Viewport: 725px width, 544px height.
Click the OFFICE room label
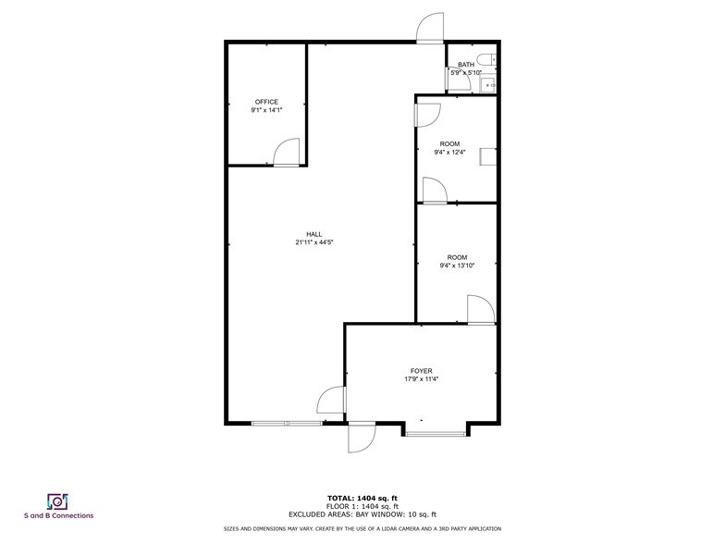pos(266,102)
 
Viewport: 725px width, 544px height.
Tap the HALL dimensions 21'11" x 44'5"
pos(314,243)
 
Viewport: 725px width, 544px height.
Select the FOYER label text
pos(421,370)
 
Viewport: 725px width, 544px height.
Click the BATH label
pos(465,65)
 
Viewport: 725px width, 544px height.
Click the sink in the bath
pos(491,84)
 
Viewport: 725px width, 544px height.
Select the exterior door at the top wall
pos(429,30)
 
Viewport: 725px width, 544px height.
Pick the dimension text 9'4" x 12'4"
pos(450,153)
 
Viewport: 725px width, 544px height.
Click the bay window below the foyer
pos(434,431)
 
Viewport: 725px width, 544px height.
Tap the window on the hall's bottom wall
pos(287,423)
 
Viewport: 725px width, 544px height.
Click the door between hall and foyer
pos(332,401)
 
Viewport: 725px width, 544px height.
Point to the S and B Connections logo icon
pos(57,501)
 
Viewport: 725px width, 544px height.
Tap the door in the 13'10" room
pos(481,310)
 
